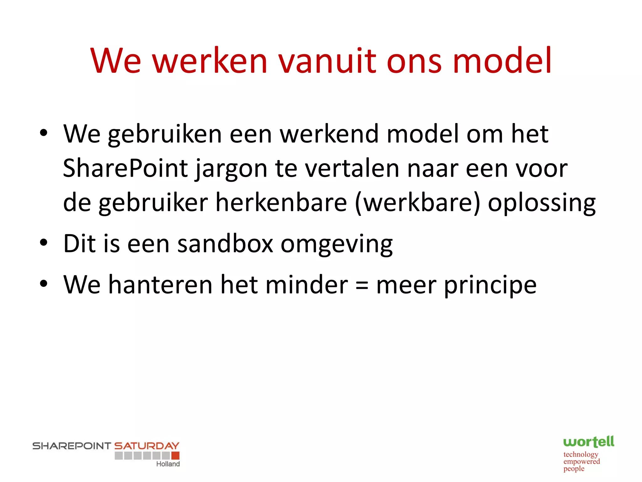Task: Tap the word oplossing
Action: click(x=542, y=204)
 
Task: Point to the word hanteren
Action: click(x=160, y=285)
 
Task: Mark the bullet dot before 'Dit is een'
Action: click(x=44, y=243)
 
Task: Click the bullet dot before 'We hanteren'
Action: click(x=44, y=283)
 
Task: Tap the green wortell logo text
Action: click(x=588, y=442)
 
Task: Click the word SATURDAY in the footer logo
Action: click(x=147, y=446)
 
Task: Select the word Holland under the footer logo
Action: click(x=168, y=464)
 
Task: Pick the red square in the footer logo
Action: click(x=176, y=455)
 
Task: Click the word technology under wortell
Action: click(x=581, y=454)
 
